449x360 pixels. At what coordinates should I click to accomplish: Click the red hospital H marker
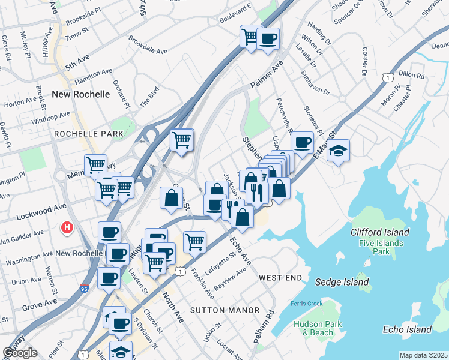coord(68,228)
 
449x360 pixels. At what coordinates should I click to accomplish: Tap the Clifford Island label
coord(381,232)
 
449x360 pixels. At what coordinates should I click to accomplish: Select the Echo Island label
coord(407,329)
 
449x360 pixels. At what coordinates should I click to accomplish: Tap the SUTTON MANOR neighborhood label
coord(225,310)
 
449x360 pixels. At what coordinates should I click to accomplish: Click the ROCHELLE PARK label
coord(88,134)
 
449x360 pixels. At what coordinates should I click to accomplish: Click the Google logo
coord(20,353)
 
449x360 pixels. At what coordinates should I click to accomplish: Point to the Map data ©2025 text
coord(423,355)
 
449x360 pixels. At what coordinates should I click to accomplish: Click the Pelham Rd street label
coord(263,326)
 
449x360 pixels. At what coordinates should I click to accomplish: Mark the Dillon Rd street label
coord(412,76)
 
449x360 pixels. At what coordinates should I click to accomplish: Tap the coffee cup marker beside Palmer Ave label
coord(268,38)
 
